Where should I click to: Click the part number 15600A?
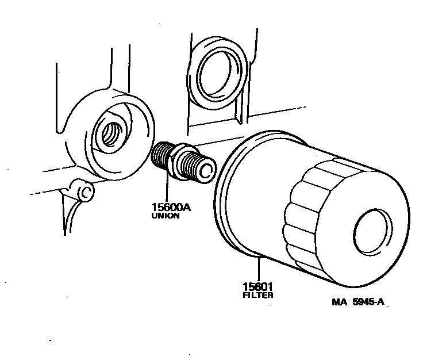click(x=170, y=208)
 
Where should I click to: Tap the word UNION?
click(x=166, y=217)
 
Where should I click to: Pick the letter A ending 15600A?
click(x=186, y=208)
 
